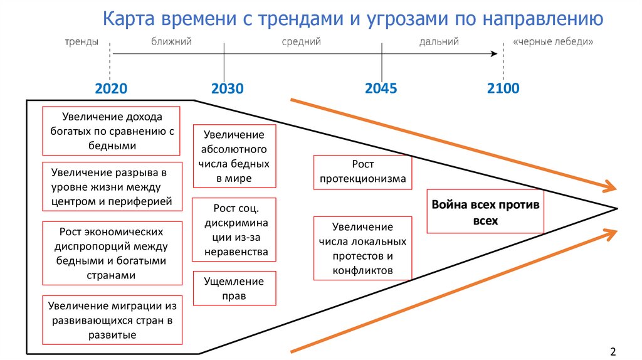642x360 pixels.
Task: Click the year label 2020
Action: pos(111,88)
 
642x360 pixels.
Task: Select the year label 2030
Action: pos(227,88)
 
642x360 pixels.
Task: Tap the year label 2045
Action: pos(381,88)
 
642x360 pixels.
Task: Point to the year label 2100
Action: pos(503,88)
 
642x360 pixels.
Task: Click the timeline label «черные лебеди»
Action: pos(552,41)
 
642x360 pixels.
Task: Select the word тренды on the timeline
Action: pos(80,41)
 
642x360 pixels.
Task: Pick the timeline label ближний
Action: pos(171,41)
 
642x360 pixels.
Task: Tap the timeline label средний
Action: pos(301,41)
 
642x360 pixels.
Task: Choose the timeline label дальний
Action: pos(439,41)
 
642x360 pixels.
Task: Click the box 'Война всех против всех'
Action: pos(485,213)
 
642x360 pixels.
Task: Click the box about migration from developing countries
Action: pos(112,320)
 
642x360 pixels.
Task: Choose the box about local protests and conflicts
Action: pos(363,248)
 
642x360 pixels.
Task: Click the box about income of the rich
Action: pos(111,131)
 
